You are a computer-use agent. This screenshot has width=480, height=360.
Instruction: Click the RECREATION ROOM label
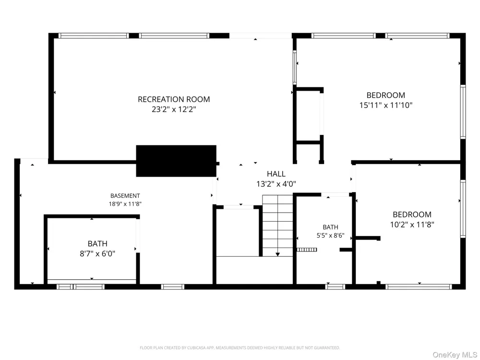point(174,99)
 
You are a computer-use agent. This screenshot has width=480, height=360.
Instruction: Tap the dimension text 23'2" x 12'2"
point(174,109)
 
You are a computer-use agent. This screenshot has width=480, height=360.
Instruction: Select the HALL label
point(276,174)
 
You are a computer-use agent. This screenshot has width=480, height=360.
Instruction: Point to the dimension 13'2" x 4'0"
point(276,184)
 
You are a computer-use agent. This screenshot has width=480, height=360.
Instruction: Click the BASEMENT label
point(125,196)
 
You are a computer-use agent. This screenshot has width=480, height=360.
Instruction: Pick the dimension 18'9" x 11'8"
point(125,204)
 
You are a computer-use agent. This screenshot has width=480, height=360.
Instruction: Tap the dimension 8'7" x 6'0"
point(97,254)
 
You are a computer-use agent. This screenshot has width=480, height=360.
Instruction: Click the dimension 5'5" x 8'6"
point(330,235)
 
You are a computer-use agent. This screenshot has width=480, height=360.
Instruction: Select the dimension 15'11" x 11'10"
point(386,105)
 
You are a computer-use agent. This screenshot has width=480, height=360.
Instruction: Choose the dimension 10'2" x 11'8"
point(412,225)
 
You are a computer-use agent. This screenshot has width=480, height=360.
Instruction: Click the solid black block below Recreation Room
point(176,161)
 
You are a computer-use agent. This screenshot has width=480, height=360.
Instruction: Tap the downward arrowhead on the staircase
point(277,254)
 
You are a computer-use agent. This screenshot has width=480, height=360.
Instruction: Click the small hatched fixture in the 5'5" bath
point(307,250)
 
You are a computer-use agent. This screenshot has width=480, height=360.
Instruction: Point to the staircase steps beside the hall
point(277,226)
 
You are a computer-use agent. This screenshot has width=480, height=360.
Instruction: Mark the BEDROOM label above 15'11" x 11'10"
point(386,95)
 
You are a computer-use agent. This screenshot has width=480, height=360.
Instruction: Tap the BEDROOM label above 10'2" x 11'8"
point(412,215)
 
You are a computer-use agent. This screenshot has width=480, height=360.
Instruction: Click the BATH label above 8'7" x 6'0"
point(97,244)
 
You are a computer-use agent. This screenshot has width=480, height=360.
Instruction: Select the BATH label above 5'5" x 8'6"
point(330,227)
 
